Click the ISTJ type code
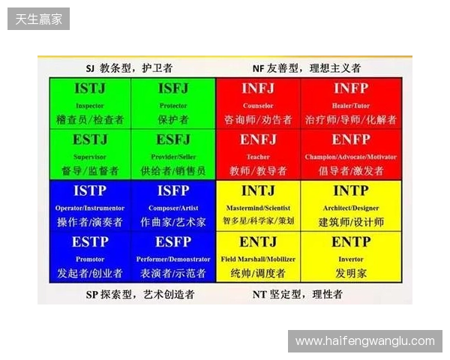(x=90, y=89)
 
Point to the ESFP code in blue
(x=173, y=242)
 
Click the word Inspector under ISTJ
(x=90, y=106)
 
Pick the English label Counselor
(x=258, y=106)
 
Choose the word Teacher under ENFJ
(x=258, y=157)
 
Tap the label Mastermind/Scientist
(x=258, y=208)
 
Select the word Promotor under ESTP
(x=90, y=259)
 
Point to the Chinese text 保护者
(x=173, y=119)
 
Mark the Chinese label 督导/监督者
(x=90, y=170)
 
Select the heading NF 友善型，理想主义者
(x=306, y=67)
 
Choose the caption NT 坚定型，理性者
(x=297, y=295)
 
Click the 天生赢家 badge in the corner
(x=38, y=18)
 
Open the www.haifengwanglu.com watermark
(x=364, y=341)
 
